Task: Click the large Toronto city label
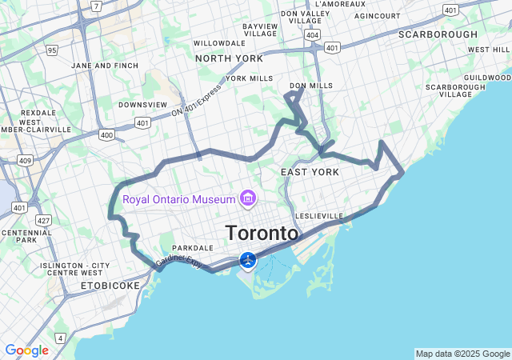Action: point(262,234)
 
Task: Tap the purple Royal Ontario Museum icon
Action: point(248,198)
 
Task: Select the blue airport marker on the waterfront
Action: point(248,260)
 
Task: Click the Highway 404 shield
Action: point(311,35)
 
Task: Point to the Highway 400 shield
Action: point(106,135)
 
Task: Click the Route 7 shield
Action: point(96,6)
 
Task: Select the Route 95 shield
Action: point(52,50)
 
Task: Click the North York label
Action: point(229,58)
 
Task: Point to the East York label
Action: point(310,173)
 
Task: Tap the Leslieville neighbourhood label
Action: point(318,216)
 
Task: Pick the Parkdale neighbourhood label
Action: point(192,248)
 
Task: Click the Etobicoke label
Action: point(110,285)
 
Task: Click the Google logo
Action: point(26,350)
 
